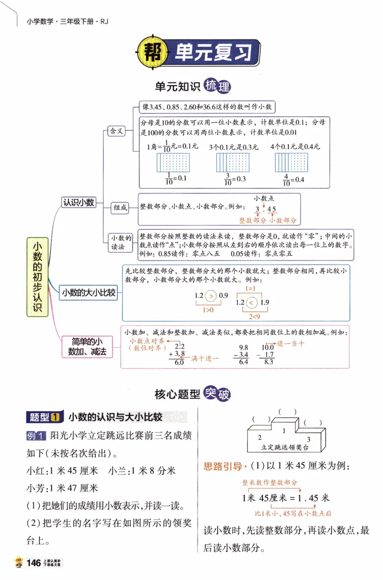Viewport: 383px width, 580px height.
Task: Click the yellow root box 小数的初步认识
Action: (x=38, y=276)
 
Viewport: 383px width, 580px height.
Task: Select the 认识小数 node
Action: (x=79, y=202)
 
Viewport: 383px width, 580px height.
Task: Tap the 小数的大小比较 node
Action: (x=89, y=292)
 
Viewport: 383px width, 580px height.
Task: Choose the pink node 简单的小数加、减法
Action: (x=86, y=346)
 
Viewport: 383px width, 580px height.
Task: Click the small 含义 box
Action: (x=116, y=131)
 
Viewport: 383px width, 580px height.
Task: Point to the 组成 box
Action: (x=120, y=207)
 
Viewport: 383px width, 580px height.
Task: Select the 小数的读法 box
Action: (x=121, y=242)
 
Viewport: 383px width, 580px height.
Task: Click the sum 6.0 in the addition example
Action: (x=179, y=362)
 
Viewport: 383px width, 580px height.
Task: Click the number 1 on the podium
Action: (x=284, y=431)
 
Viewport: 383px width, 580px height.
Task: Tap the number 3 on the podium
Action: (x=309, y=439)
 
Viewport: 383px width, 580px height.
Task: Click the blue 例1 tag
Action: (x=36, y=436)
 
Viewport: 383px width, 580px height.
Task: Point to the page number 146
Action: (x=34, y=563)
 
